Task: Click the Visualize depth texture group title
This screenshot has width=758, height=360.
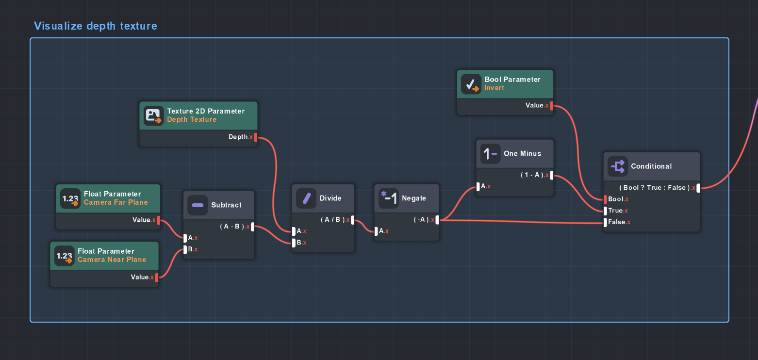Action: coord(96,26)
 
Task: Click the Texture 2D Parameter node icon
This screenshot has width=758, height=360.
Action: coord(154,115)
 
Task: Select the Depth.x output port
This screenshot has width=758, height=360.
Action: coord(256,137)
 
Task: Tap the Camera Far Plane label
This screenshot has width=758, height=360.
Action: coord(115,202)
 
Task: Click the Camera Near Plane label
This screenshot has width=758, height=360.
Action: coord(112,260)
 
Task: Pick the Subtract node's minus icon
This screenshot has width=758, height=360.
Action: coord(198,205)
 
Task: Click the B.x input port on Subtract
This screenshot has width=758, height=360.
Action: coord(185,249)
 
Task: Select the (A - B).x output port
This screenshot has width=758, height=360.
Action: coord(252,227)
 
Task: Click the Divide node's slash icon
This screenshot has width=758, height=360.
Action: coord(306,198)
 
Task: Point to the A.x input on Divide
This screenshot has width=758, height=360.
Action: coord(294,231)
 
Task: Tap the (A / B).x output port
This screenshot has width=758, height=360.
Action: coord(352,220)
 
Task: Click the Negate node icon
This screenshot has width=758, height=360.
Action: coord(388,198)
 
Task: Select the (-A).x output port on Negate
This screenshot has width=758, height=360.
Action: coord(437,220)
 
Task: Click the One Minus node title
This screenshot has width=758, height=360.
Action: coord(522,153)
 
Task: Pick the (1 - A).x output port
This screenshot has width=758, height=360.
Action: coord(552,175)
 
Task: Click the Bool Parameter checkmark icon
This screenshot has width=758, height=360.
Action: coord(471,84)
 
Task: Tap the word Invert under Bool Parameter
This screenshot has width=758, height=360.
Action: coord(494,88)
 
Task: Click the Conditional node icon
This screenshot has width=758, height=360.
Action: coord(618,166)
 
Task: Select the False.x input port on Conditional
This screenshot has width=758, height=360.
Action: coord(605,222)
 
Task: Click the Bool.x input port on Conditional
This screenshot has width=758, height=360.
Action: coord(605,199)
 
